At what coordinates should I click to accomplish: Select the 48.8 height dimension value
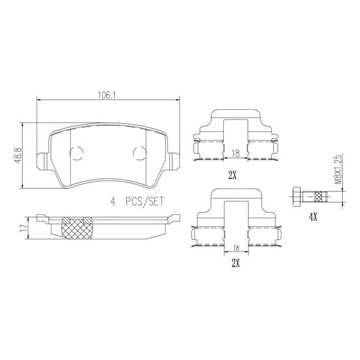click(x=19, y=155)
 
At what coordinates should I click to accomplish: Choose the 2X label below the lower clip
click(x=235, y=263)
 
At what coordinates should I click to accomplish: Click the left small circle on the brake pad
click(x=76, y=152)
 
